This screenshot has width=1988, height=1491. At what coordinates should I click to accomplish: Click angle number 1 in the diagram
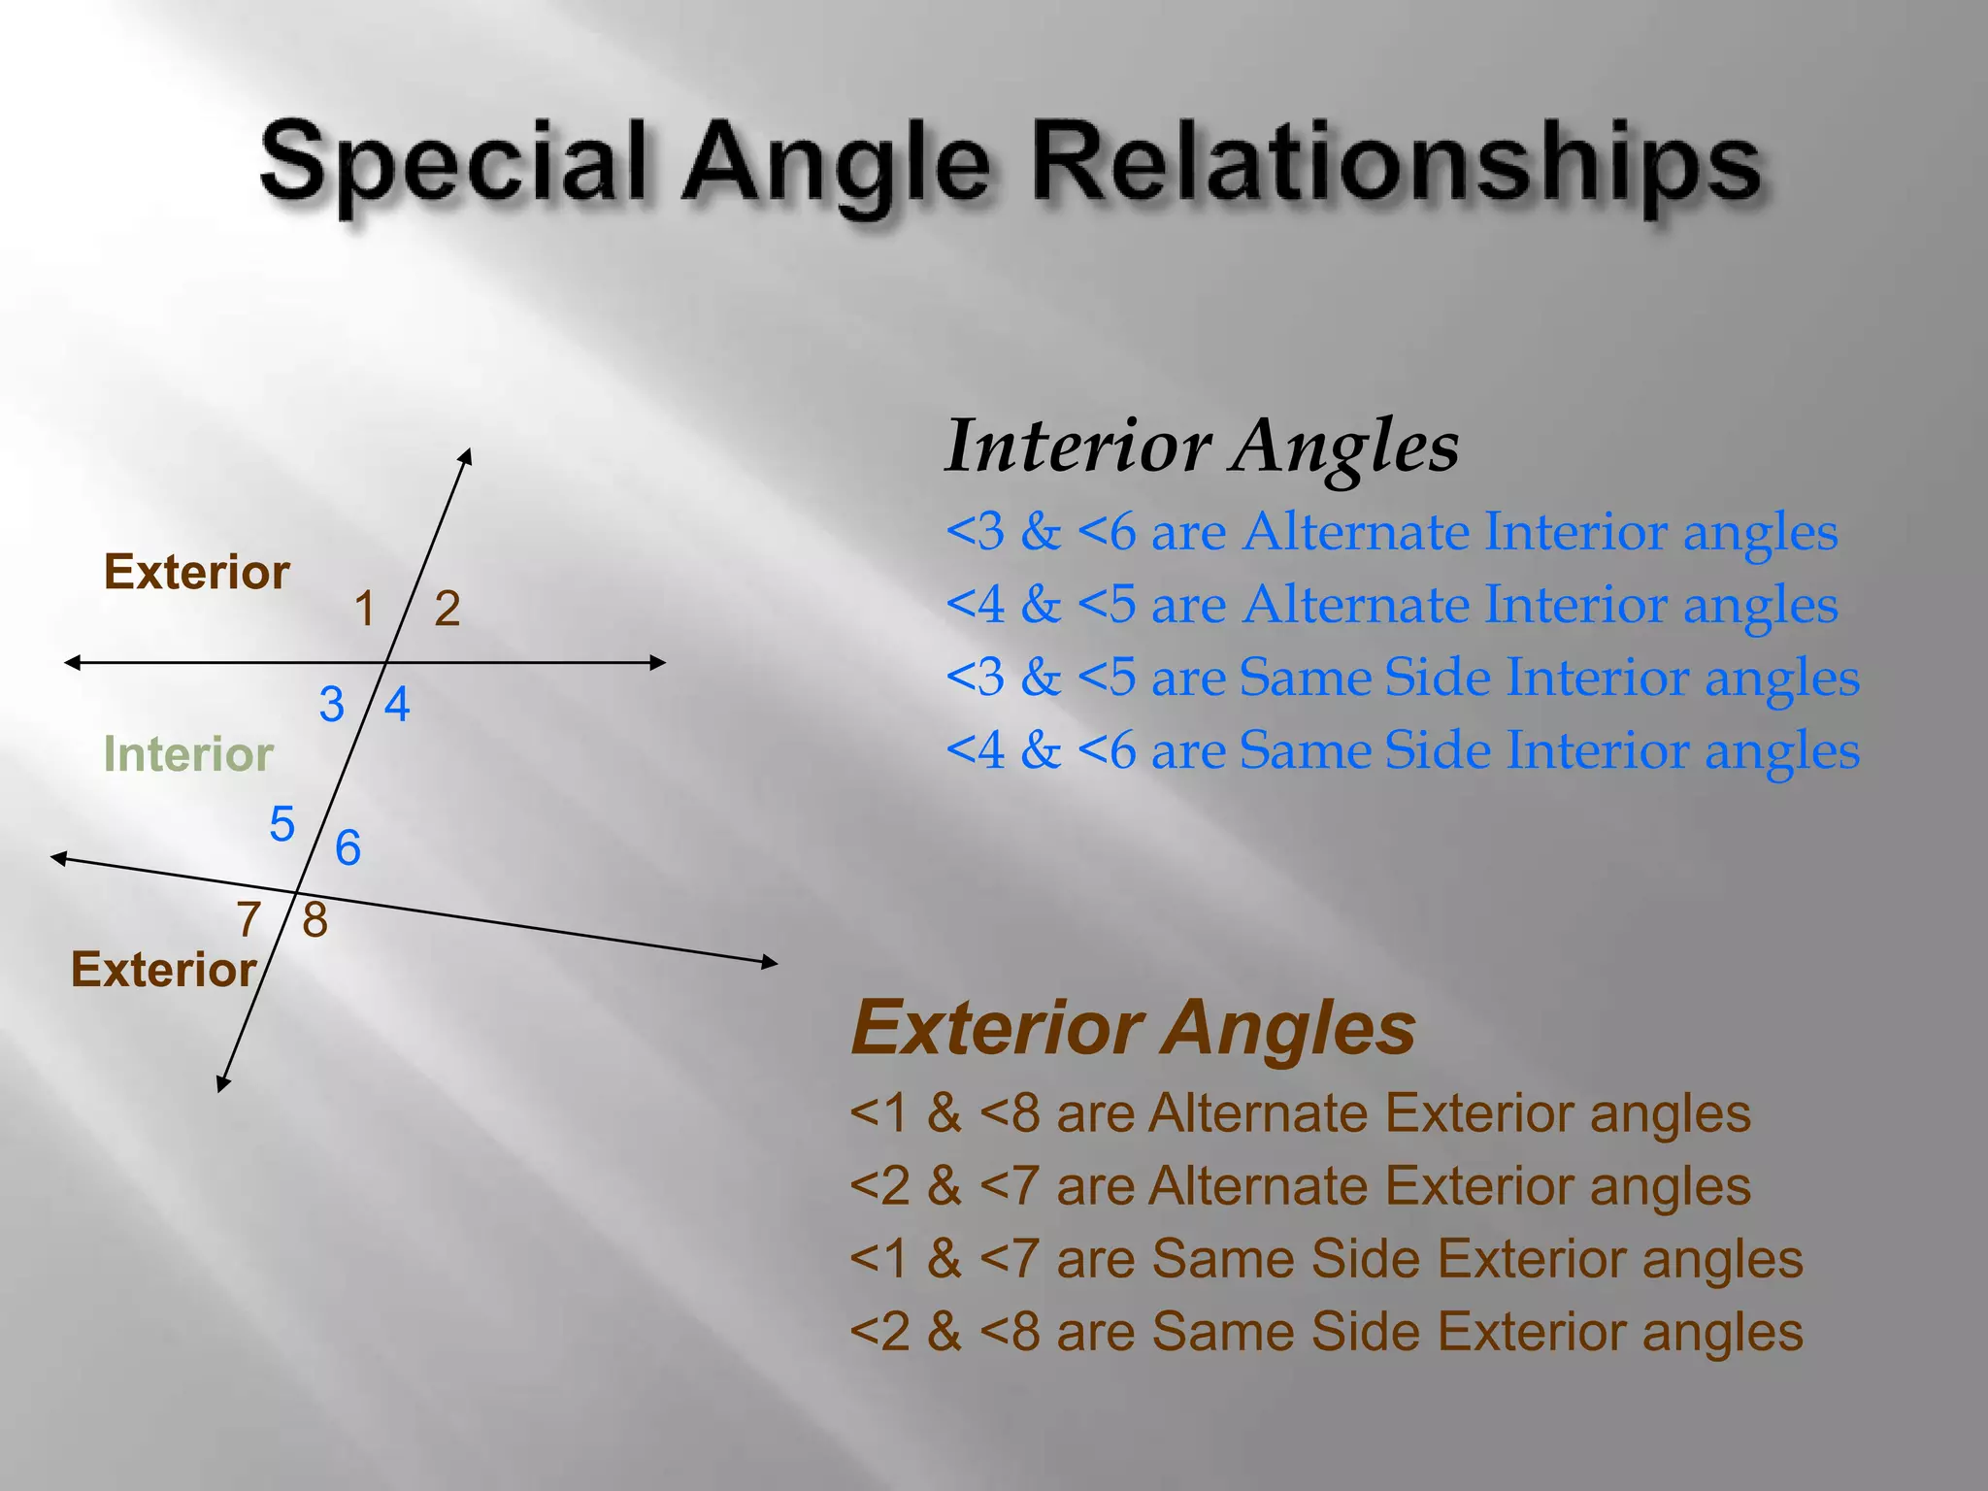[x=365, y=610]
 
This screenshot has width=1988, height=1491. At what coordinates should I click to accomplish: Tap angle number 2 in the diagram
[x=447, y=610]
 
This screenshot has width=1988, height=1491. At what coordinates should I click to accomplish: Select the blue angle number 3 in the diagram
[x=332, y=704]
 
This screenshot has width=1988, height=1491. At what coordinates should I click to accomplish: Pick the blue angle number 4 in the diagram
[x=397, y=704]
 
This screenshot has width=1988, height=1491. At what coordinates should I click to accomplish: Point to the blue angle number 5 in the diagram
[x=282, y=825]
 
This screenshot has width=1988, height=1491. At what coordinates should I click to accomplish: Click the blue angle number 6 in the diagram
[x=348, y=848]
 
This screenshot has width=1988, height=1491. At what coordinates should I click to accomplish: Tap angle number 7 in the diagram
[x=248, y=919]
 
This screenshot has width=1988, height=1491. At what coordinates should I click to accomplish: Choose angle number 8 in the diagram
[x=315, y=919]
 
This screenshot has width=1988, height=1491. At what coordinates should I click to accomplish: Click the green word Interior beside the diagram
[x=188, y=754]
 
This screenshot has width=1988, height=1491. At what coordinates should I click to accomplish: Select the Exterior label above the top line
[x=197, y=572]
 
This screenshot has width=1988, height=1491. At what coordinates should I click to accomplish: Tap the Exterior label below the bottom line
[x=163, y=970]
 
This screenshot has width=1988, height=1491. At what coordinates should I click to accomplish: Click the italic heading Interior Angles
[x=1202, y=446]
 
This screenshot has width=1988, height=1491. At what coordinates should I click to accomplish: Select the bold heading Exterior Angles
[x=1133, y=1028]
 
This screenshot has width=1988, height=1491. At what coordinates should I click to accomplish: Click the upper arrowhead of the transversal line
[x=467, y=455]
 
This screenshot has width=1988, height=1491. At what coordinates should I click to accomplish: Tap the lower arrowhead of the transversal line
[x=223, y=1084]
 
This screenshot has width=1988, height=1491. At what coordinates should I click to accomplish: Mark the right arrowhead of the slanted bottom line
[x=771, y=962]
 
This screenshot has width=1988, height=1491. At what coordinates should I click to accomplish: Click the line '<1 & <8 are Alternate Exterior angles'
[x=1300, y=1113]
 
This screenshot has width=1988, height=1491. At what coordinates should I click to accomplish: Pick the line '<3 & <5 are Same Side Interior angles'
[x=1403, y=677]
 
